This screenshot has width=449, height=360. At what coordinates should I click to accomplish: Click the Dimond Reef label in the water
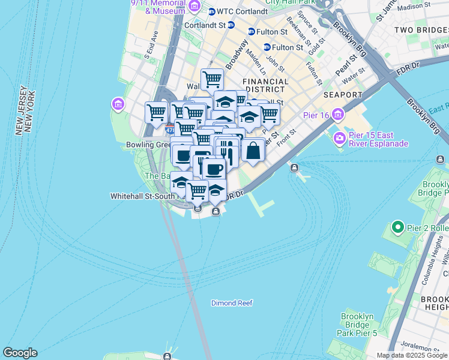pyautogui.click(x=232, y=303)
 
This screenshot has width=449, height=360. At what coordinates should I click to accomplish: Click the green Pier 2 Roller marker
pyautogui.click(x=397, y=228)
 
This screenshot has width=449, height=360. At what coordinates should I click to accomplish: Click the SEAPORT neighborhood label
pyautogui.click(x=343, y=95)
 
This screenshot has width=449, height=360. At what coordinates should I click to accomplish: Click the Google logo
pyautogui.click(x=20, y=353)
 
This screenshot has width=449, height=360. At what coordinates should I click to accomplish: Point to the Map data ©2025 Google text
pyautogui.click(x=411, y=355)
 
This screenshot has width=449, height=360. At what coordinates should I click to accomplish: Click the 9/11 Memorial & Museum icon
pyautogui.click(x=194, y=7)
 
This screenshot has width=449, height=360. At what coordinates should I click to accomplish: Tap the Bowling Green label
pyautogui.click(x=148, y=145)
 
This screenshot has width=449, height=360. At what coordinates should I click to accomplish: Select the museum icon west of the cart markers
pyautogui.click(x=117, y=105)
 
